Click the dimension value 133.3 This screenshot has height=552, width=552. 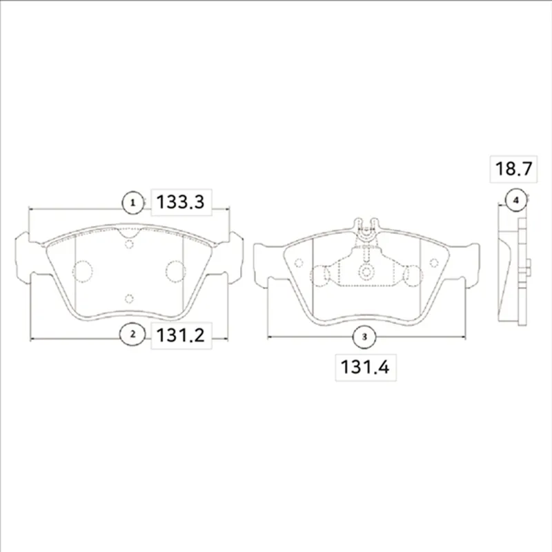(x=180, y=202)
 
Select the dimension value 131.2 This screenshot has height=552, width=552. (x=180, y=335)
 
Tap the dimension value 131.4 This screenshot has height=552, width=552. (x=365, y=367)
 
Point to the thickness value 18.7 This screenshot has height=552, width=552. (x=513, y=168)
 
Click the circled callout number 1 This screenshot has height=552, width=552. (x=132, y=203)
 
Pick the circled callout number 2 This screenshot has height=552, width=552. (x=132, y=334)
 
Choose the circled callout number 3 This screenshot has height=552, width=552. (x=364, y=337)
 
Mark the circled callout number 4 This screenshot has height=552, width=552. (x=516, y=200)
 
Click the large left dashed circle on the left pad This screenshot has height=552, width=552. (x=82, y=271)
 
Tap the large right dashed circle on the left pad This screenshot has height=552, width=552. (x=176, y=271)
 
